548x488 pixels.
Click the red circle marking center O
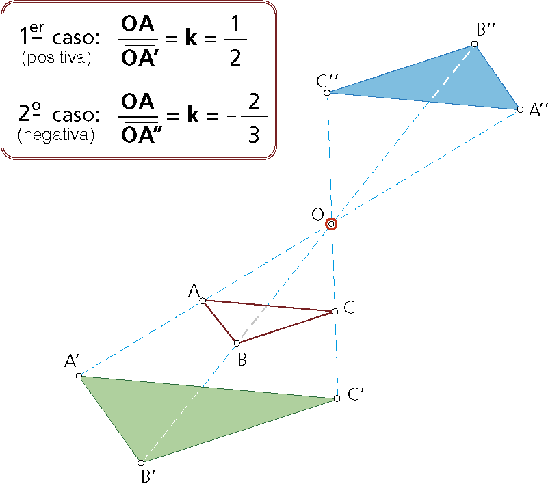[x=331, y=223]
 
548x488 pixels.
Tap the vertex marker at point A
[x=203, y=300]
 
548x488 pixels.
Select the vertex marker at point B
[x=237, y=342]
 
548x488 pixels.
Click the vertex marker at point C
[x=335, y=312]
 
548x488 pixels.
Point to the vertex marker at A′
[x=79, y=376]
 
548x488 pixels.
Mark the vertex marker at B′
[x=141, y=463]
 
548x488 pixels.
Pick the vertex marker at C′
[x=337, y=398]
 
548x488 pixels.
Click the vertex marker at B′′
[x=474, y=44]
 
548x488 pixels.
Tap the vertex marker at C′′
[x=327, y=92]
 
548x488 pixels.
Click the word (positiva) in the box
[x=57, y=58]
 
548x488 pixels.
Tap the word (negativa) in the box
[x=56, y=135]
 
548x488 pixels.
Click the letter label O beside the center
[x=317, y=215]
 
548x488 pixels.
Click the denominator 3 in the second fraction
[x=253, y=135]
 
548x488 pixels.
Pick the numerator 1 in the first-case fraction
[x=235, y=28]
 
